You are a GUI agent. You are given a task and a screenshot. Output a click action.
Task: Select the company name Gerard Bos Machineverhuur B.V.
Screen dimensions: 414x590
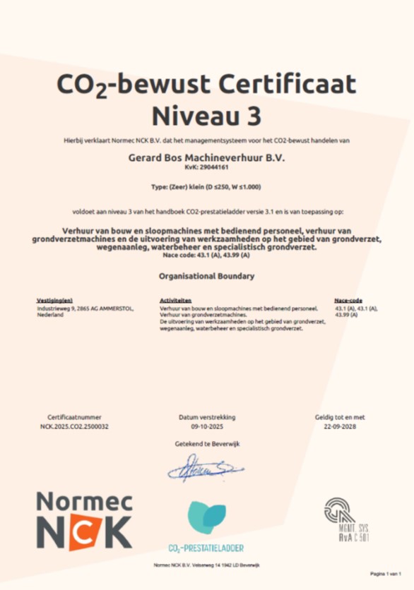[206, 159]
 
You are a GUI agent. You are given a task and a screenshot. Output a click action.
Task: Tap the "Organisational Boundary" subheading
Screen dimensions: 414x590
[206, 276]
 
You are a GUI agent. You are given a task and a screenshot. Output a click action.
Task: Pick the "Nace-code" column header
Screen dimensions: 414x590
[348, 300]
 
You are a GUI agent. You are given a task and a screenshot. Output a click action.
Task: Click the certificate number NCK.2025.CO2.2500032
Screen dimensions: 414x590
[74, 427]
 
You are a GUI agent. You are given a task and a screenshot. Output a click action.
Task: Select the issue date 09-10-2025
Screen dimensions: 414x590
[206, 427]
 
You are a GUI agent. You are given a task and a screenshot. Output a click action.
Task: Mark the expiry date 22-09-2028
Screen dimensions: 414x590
[340, 427]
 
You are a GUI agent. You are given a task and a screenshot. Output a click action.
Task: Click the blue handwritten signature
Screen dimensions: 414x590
[205, 466]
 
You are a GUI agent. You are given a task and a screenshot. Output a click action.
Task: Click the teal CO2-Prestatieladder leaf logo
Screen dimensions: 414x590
[206, 517]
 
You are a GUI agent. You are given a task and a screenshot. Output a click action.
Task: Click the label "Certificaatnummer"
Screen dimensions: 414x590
[74, 418]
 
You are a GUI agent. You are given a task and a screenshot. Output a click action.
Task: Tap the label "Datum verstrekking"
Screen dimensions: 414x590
[206, 418]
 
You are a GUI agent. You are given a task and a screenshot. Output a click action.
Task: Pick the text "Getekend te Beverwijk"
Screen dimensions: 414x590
[206, 443]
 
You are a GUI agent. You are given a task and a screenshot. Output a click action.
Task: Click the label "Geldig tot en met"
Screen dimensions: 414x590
[340, 418]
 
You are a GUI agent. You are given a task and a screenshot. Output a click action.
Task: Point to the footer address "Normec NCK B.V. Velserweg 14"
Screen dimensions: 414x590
[206, 566]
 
